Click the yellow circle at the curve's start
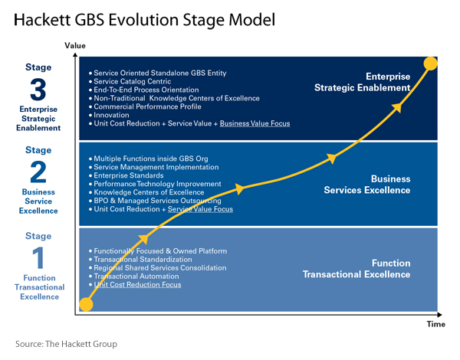click(86, 304)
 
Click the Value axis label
click(74, 46)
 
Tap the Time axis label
click(435, 324)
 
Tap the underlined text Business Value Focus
click(255, 123)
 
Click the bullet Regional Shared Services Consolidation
click(160, 267)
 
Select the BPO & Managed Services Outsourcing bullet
click(157, 201)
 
